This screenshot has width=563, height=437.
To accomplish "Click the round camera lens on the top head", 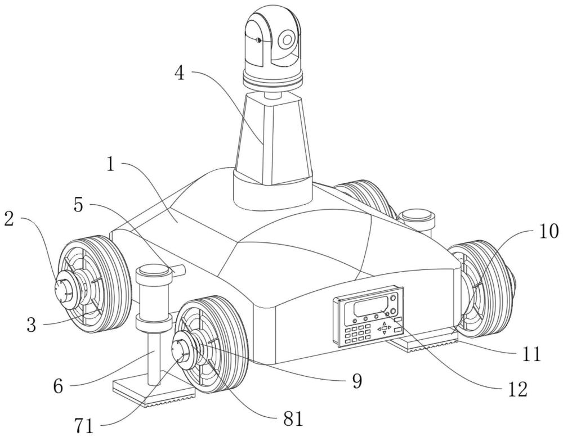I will pyautogui.click(x=288, y=39).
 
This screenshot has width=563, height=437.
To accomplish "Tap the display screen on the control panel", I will pyautogui.click(x=373, y=308).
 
